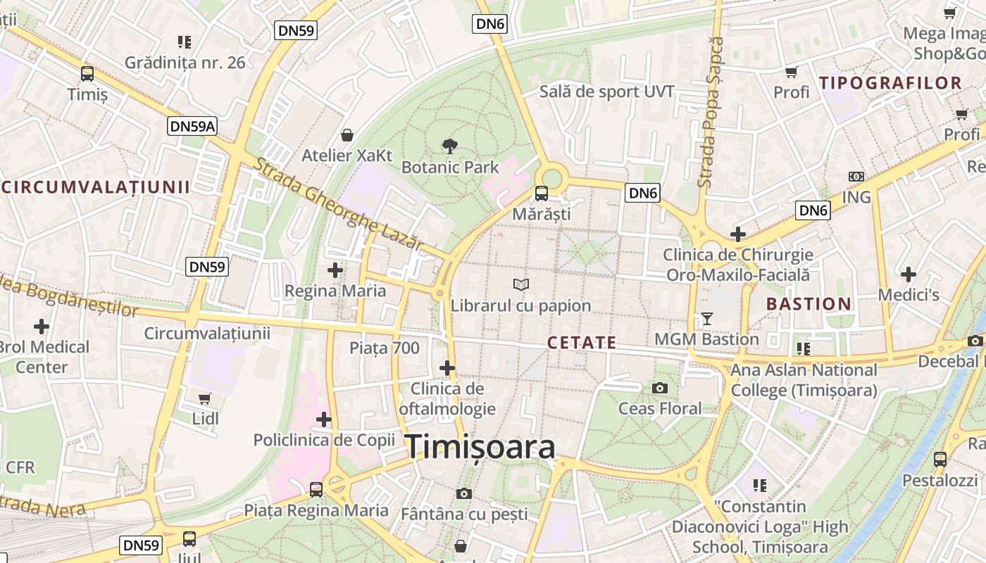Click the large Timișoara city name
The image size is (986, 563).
tap(480, 447)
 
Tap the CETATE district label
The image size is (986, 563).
tap(582, 343)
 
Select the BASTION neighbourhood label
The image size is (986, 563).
tap(809, 304)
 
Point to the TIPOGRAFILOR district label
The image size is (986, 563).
tap(890, 83)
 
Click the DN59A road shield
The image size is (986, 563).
tap(192, 127)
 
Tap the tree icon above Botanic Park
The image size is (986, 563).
tap(449, 146)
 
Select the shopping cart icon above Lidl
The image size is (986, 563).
tap(205, 399)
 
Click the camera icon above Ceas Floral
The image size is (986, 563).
tap(660, 388)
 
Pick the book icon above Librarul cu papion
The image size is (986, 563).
tap(521, 285)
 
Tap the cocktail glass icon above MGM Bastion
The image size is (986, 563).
tap(707, 319)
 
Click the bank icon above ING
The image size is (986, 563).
tap(856, 177)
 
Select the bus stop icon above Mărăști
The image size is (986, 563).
tap(541, 193)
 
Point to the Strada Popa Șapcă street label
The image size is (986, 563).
tap(711, 113)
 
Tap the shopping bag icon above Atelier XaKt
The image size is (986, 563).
tap(347, 134)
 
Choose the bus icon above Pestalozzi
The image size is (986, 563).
tap(940, 460)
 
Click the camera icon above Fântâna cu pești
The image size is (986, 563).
tap(463, 493)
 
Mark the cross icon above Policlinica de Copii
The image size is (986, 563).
tap(323, 419)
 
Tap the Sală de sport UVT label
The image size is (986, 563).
tap(607, 91)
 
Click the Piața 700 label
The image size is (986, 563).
tap(385, 348)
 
